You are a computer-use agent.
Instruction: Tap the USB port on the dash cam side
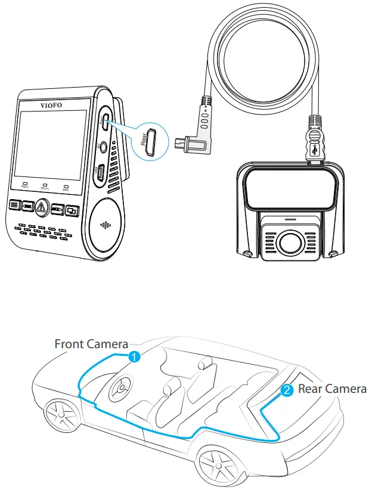pyautogui.click(x=102, y=172)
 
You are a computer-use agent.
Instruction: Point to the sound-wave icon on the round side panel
pyautogui.click(x=106, y=227)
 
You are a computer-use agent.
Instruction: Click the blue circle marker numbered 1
pyautogui.click(x=135, y=357)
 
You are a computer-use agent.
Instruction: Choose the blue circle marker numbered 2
pyautogui.click(x=287, y=390)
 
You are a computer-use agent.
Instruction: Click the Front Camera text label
pyautogui.click(x=91, y=344)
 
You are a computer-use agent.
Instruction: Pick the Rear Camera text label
pyautogui.click(x=332, y=389)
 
